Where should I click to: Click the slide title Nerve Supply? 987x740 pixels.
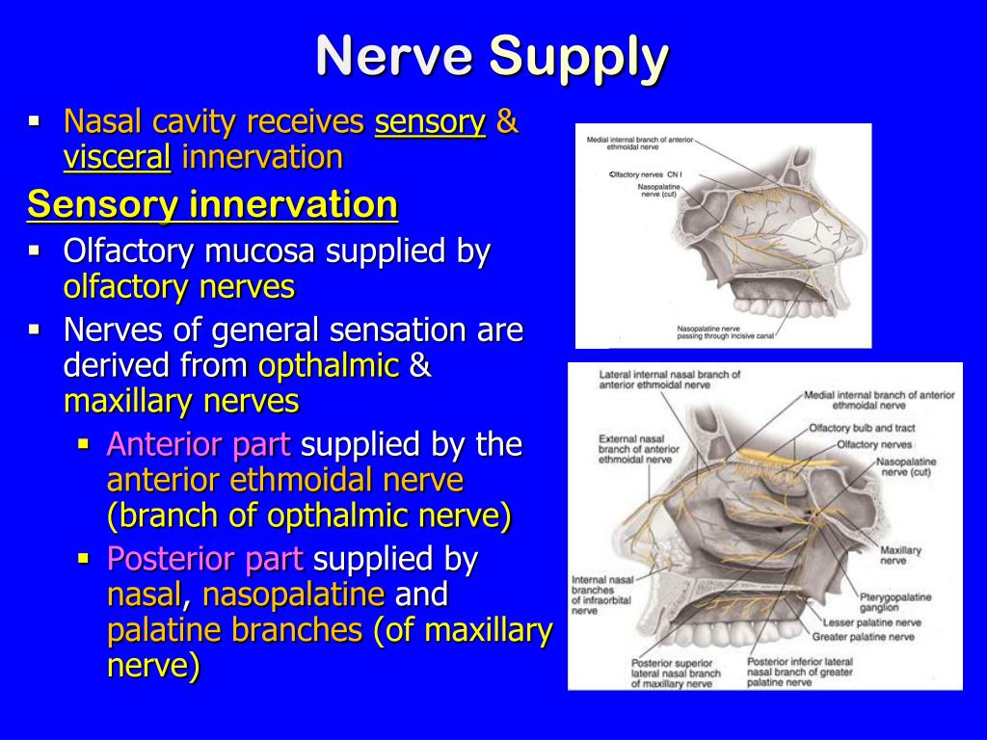coord(493,57)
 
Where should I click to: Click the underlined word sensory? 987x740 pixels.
coord(430,122)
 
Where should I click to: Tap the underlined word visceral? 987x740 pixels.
coord(117,157)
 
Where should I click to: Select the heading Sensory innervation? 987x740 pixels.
coord(212,204)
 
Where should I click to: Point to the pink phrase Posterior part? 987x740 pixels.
coord(204,559)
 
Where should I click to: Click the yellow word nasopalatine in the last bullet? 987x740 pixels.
coord(293,595)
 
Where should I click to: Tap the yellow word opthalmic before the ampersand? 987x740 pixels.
coord(329,366)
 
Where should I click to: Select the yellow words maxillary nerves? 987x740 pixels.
coord(181,401)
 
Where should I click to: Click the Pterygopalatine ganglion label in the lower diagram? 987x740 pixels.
coord(895,602)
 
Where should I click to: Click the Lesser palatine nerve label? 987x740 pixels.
coord(871,622)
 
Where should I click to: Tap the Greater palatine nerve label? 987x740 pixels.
coord(863,637)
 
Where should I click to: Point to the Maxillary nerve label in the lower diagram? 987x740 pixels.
coord(900,555)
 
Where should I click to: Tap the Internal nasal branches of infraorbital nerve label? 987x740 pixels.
coord(601,595)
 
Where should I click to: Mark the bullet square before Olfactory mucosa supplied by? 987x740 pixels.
coord(35,251)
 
